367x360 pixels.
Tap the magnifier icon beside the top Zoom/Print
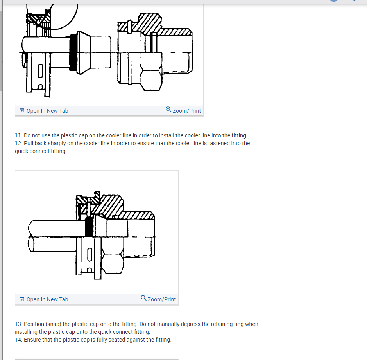168,110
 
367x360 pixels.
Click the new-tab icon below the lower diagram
22,299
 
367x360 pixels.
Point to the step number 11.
18,135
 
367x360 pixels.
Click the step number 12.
18,143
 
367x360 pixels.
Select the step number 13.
18,324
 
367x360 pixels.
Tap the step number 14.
18,340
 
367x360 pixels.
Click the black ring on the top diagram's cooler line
73,52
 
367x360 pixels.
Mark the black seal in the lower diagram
89,227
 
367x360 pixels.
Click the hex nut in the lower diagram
113,261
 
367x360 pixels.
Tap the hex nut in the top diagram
151,79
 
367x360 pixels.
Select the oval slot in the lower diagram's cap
90,254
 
